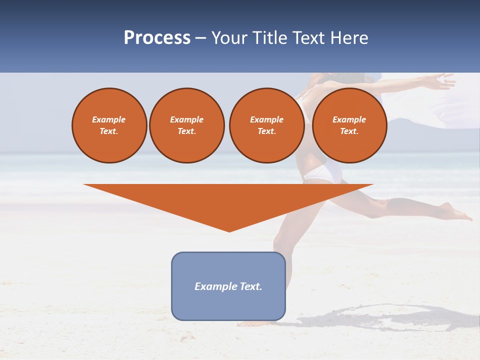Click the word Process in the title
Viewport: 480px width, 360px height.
tap(157, 38)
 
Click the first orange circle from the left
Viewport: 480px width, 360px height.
tap(109, 125)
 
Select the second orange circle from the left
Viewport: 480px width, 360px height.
tap(186, 125)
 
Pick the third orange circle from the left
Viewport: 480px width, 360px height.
tap(266, 125)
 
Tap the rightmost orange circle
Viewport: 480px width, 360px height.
tap(349, 125)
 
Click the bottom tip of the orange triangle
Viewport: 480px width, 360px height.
tap(229, 231)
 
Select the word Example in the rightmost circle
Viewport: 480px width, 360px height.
tap(349, 119)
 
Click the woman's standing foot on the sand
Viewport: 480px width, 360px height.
tap(250, 323)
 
